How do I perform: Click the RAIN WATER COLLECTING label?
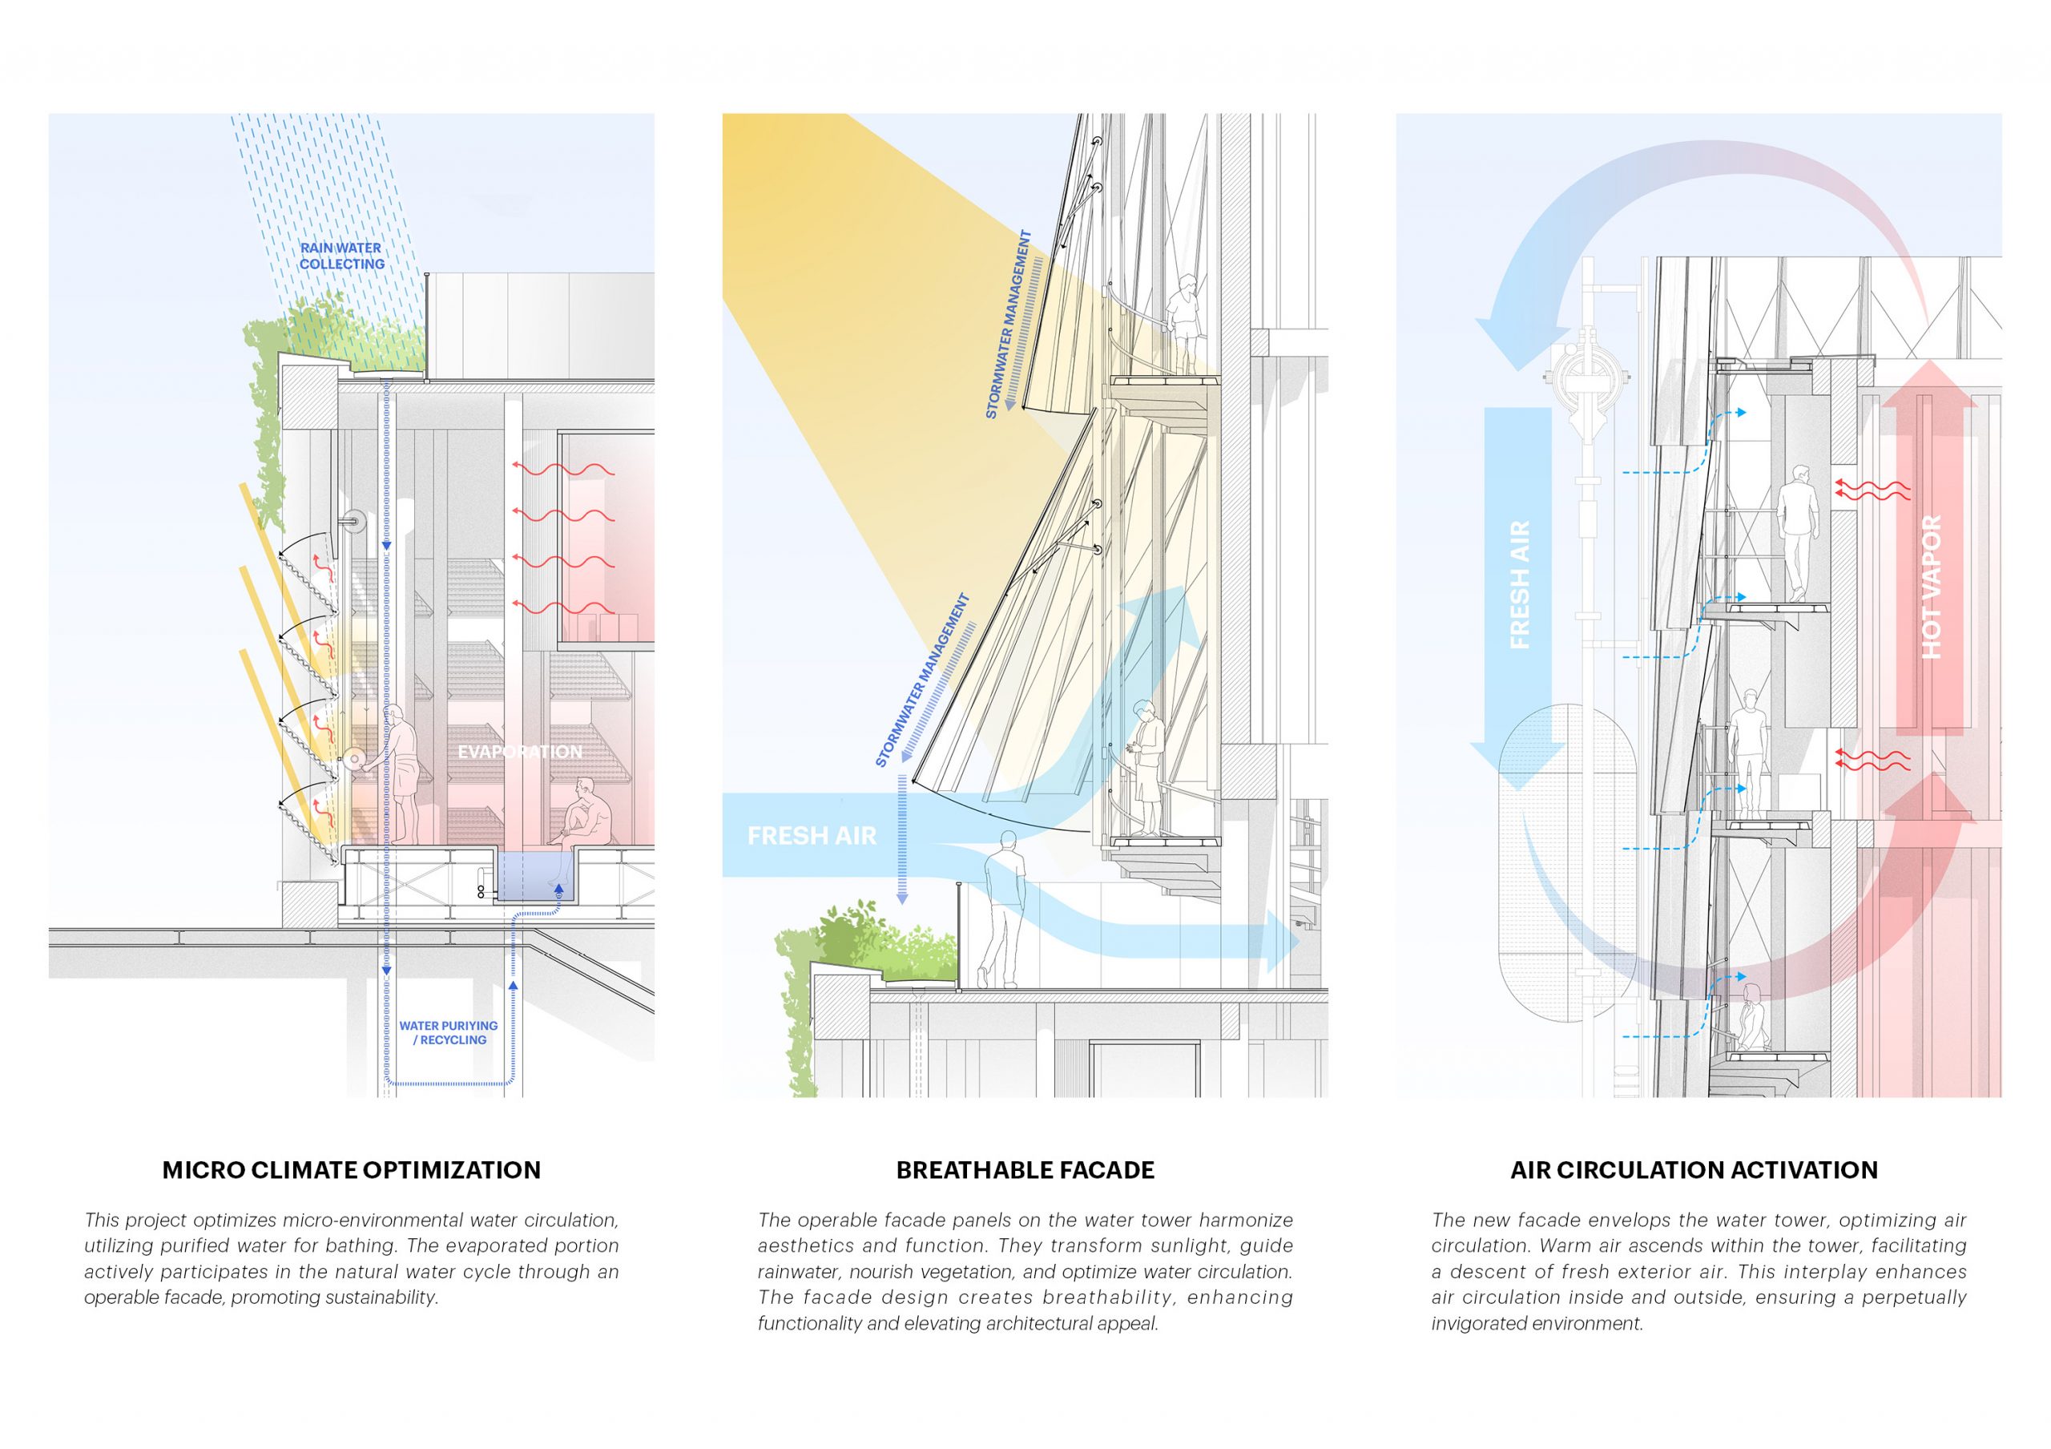click(x=341, y=256)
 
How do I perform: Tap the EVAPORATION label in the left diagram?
click(x=519, y=753)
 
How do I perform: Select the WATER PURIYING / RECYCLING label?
click(x=449, y=1033)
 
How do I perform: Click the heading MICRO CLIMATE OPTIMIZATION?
click(x=351, y=1170)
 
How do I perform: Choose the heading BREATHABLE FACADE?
click(x=1025, y=1170)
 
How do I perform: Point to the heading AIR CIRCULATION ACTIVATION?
click(x=1694, y=1170)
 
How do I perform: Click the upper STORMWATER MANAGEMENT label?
click(x=1009, y=325)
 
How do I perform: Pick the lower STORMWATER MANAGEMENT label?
click(x=923, y=680)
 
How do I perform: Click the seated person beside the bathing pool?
click(x=586, y=813)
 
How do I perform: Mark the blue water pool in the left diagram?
click(x=530, y=875)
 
